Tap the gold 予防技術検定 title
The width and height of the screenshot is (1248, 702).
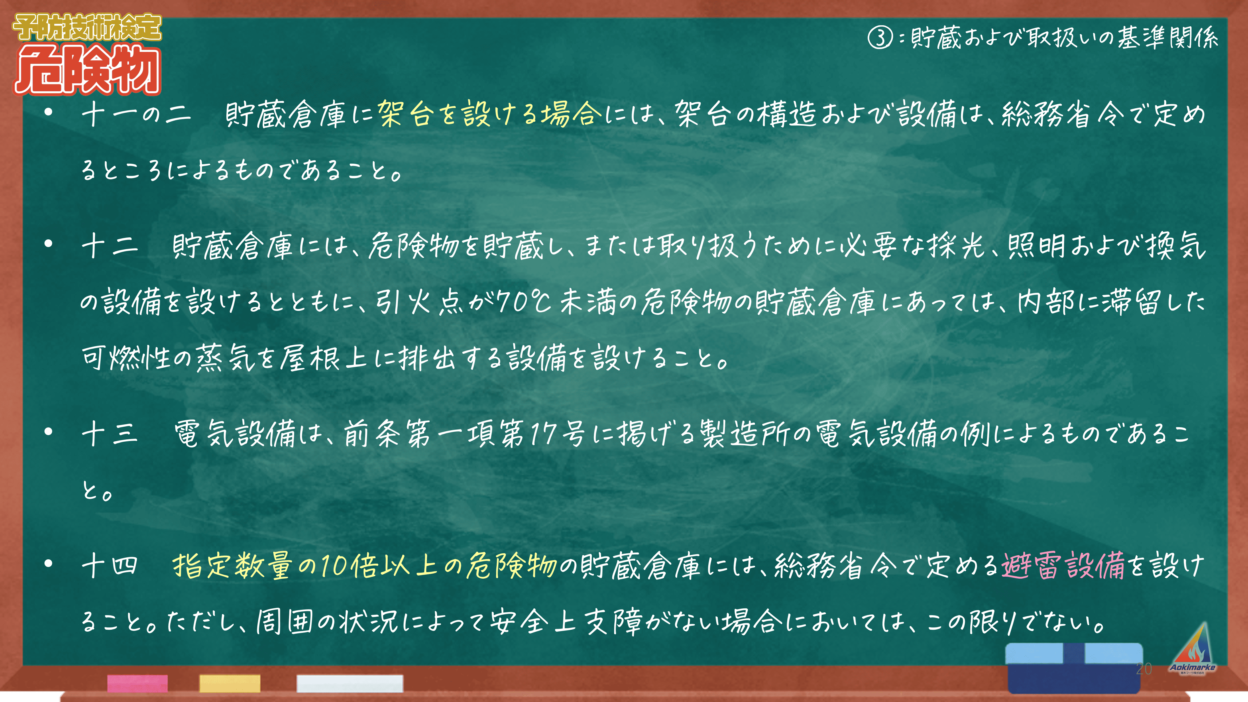click(x=87, y=28)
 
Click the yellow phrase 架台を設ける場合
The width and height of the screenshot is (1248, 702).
click(x=489, y=114)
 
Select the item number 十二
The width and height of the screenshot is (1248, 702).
click(x=110, y=246)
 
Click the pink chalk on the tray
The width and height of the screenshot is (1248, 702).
click(x=138, y=683)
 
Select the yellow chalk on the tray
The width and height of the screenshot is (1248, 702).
click(x=230, y=683)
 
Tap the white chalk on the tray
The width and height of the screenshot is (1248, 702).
click(x=350, y=683)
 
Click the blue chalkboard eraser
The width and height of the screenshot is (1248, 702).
click(x=1075, y=668)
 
